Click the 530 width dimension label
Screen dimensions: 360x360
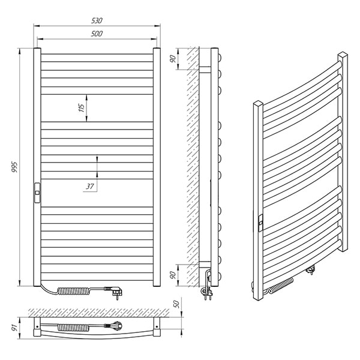97,20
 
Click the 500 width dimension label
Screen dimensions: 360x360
97,34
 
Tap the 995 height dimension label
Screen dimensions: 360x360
14,167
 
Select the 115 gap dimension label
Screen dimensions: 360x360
82,107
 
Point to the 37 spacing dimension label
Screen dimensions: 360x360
90,186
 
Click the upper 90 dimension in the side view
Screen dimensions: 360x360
173,59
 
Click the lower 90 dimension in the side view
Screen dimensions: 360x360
173,275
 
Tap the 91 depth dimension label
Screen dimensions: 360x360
14,328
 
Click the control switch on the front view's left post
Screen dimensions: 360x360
37,193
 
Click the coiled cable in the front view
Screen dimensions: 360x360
74,291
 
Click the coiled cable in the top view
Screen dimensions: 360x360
73,328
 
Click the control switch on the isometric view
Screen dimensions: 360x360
261,223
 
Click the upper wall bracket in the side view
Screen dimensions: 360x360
205,70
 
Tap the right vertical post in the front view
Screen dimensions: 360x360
157,167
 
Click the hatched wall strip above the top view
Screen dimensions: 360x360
99,313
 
